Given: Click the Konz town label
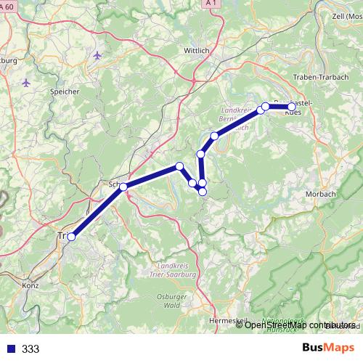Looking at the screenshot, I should click(x=31, y=285).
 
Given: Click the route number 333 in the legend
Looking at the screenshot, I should click(x=30, y=349).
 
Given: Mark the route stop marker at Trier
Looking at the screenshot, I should click(x=71, y=237).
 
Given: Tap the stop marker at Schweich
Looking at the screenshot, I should click(x=123, y=187).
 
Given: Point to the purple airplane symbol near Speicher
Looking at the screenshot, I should click(x=98, y=55).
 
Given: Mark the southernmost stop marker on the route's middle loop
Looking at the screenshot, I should click(x=203, y=192).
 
